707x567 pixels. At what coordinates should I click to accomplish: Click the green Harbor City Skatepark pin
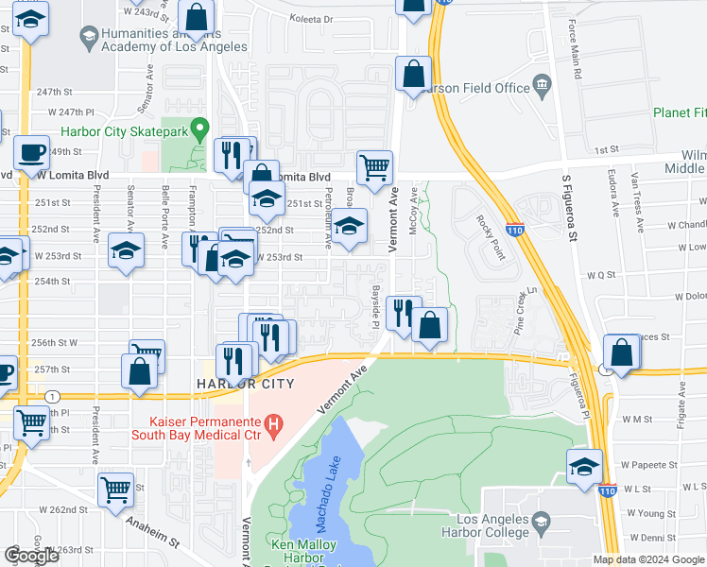pyautogui.click(x=198, y=128)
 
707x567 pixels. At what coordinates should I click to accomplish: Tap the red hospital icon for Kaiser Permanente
pyautogui.click(x=274, y=425)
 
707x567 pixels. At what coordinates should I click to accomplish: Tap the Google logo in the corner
pyautogui.click(x=31, y=556)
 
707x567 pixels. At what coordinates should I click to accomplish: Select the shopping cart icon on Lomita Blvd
pyautogui.click(x=375, y=168)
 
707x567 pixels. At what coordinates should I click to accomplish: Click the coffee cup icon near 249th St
pyautogui.click(x=31, y=151)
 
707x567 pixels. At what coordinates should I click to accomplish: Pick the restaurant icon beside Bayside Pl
pyautogui.click(x=404, y=312)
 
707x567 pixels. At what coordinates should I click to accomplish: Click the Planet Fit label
pyautogui.click(x=679, y=112)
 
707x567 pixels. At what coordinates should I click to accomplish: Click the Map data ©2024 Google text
pyautogui.click(x=648, y=559)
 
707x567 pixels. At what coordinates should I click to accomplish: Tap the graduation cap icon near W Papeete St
pyautogui.click(x=585, y=466)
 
